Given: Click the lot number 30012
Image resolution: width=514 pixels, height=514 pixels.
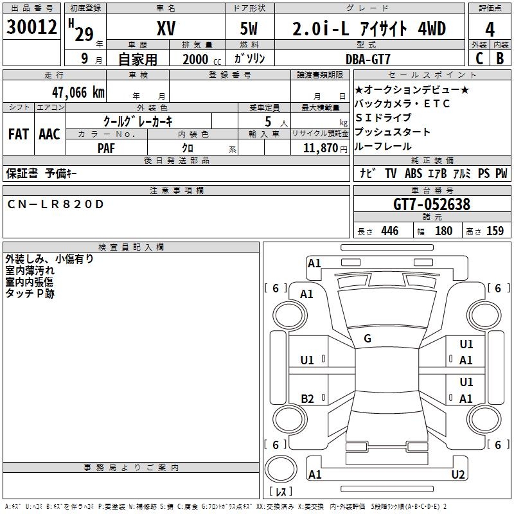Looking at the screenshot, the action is tap(32, 28).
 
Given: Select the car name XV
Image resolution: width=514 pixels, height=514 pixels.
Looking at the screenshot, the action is tap(166, 28).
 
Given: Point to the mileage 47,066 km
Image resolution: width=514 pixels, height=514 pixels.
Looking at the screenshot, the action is tap(77, 92).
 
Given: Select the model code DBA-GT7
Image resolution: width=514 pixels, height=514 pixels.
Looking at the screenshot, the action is tap(368, 58).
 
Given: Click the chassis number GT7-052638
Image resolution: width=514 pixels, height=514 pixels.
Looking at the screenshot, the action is tap(431, 204).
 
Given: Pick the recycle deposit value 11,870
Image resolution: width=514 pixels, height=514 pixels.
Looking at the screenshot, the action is tap(319, 148).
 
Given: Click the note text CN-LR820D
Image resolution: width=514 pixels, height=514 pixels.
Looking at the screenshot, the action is tap(55, 204).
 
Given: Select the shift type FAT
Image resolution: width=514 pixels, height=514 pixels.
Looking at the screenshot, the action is tap(19, 134).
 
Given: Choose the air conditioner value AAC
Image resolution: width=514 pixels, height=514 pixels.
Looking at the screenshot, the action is tap(49, 134).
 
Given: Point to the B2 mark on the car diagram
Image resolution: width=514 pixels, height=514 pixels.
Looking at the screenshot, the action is tap(308, 398).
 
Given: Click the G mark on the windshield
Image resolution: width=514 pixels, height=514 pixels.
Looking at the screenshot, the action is tap(368, 339).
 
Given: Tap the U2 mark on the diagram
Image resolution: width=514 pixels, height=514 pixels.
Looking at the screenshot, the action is tap(458, 474).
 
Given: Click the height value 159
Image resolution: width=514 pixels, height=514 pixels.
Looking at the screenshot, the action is tap(495, 231).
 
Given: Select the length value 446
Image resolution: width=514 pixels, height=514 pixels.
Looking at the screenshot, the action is tap(389, 231).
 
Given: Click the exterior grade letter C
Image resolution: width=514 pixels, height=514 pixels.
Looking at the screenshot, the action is tap(479, 58).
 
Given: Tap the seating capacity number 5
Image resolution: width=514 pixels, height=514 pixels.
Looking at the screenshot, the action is tap(267, 121).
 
